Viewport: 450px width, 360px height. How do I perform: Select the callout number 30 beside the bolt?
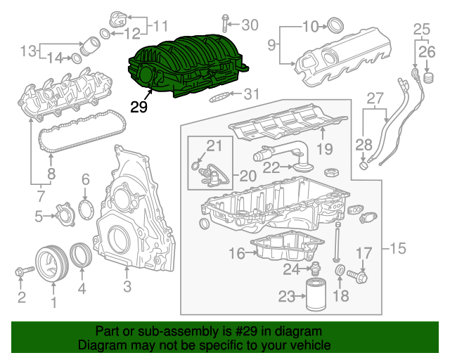click(x=250, y=25)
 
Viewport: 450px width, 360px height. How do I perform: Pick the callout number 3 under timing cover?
click(x=127, y=286)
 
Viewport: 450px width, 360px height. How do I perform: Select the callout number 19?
click(x=324, y=148)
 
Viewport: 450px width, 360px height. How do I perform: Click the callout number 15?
click(x=398, y=248)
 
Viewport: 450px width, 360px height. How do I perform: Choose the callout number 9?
click(x=273, y=46)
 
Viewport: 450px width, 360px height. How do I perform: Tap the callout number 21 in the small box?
click(x=214, y=146)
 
